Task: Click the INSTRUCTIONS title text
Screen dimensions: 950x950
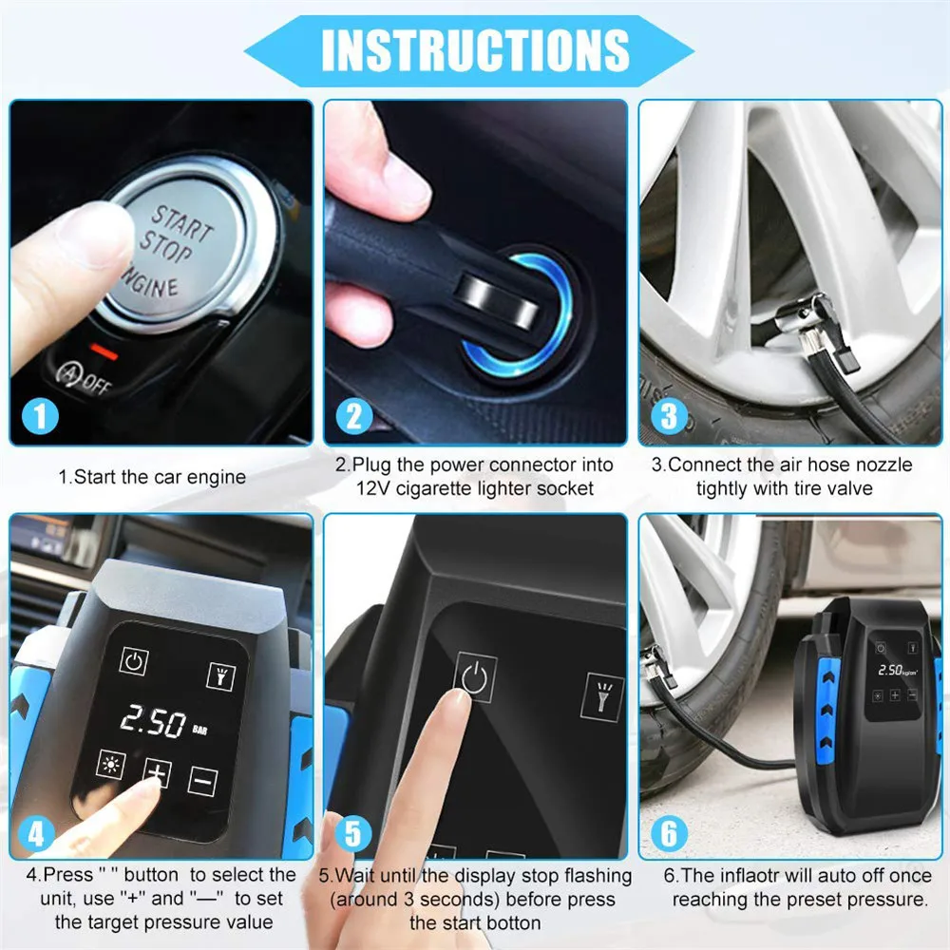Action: coord(475,48)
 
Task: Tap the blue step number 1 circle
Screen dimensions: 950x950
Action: coord(39,415)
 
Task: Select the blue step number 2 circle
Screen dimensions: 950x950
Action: coord(353,415)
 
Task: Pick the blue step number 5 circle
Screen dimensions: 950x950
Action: coord(353,833)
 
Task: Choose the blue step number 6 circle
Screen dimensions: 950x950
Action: coord(670,833)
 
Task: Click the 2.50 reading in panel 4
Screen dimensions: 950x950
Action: coord(152,725)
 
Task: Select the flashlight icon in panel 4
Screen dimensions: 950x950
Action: coord(220,674)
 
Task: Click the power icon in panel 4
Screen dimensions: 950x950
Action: coord(133,663)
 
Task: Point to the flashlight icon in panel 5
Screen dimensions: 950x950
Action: coord(603,695)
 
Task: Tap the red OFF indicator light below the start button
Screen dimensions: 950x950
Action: coord(105,352)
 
